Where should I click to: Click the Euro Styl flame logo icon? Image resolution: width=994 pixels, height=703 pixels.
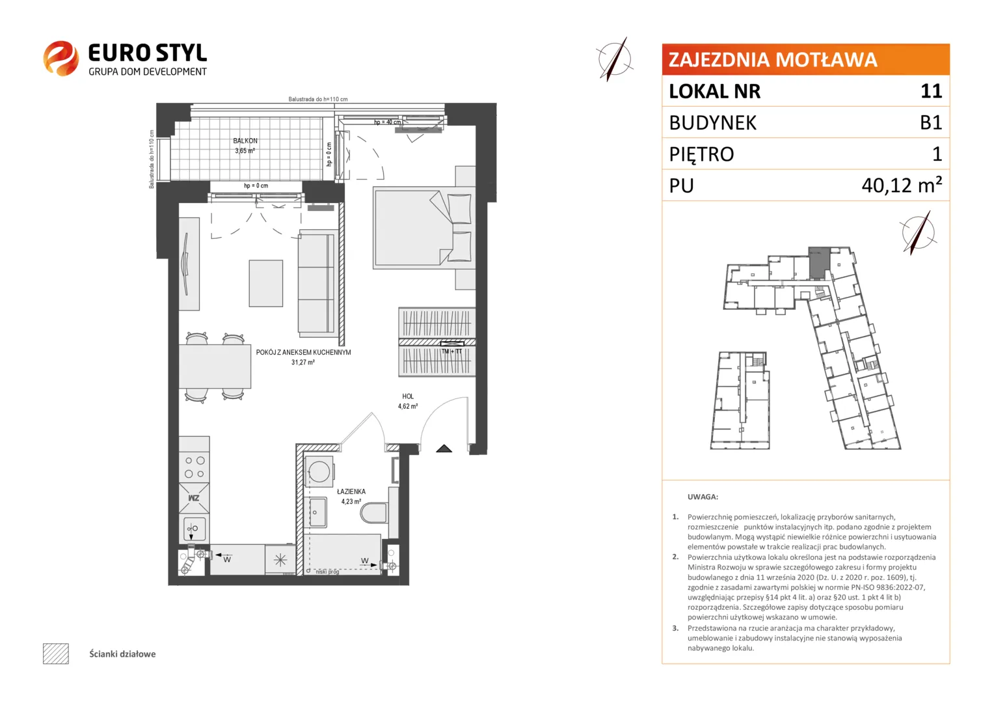tap(60, 58)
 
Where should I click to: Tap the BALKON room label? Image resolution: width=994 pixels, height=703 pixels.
tap(245, 141)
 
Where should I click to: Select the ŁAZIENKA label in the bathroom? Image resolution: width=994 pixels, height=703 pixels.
tap(351, 491)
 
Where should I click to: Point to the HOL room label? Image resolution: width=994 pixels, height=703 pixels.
tap(408, 396)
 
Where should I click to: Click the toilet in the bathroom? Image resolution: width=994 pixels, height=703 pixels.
tap(374, 514)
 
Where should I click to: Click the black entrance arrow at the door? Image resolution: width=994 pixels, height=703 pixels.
tap(444, 448)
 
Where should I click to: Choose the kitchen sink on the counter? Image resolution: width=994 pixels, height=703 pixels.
tap(194, 529)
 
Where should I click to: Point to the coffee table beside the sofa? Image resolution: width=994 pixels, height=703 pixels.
tap(266, 283)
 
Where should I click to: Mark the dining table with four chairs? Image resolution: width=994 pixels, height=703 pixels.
tap(215, 367)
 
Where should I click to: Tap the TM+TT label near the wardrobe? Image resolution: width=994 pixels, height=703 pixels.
tap(451, 351)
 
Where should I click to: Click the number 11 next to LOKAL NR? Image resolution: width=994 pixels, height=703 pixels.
tap(931, 91)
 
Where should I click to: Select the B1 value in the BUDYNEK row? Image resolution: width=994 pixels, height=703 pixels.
tap(931, 122)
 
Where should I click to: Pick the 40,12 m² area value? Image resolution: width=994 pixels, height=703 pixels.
tap(902, 185)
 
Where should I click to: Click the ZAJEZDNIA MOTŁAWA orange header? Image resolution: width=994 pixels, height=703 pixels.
tap(805, 59)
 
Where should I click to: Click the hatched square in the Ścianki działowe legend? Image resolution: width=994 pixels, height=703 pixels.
tap(56, 654)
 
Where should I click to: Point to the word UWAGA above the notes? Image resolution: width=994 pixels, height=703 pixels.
tap(703, 497)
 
